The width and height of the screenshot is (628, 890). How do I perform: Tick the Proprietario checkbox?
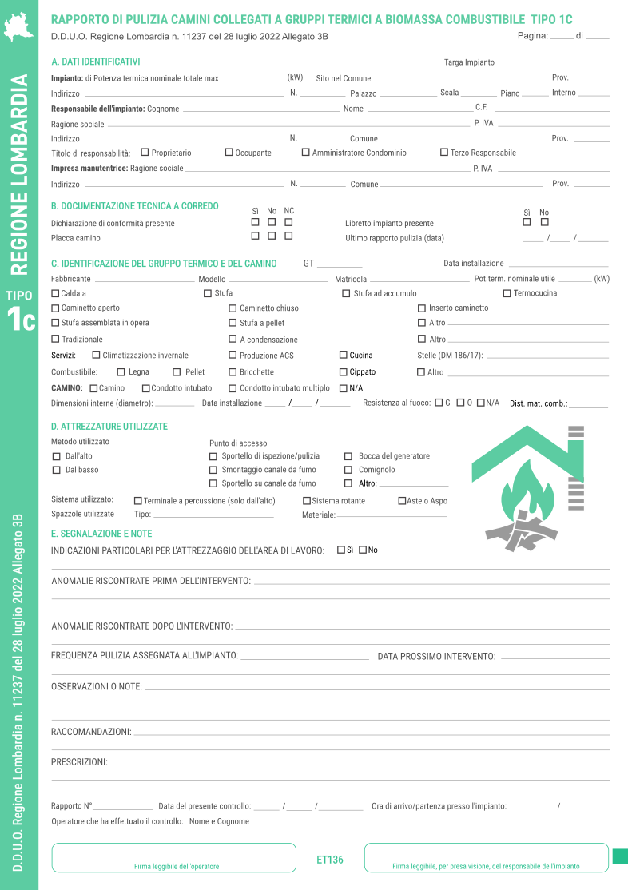(x=145, y=152)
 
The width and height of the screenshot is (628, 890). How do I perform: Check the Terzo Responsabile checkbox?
(x=444, y=152)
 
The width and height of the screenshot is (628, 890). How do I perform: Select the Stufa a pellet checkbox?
(x=233, y=323)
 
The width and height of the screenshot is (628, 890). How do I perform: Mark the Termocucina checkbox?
(x=507, y=293)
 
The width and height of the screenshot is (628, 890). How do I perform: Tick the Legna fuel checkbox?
(x=121, y=371)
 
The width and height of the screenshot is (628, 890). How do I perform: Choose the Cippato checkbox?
(x=343, y=371)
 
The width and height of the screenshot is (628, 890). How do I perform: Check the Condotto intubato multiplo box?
(x=233, y=388)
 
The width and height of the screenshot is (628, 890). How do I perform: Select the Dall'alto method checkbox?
(x=57, y=456)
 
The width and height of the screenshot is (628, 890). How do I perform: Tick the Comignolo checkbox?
(x=348, y=470)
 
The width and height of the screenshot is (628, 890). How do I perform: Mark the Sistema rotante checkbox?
(x=307, y=501)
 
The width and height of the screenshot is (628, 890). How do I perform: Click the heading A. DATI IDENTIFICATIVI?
(x=95, y=62)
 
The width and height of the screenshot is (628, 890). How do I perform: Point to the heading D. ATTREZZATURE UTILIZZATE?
(x=109, y=427)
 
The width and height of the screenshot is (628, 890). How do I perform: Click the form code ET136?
(x=330, y=860)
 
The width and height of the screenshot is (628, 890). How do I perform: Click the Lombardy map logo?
(x=19, y=26)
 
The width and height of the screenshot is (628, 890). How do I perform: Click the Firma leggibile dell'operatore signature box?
(x=174, y=857)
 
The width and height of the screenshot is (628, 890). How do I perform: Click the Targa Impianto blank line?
(x=553, y=64)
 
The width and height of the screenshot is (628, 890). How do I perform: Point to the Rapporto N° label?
(x=71, y=806)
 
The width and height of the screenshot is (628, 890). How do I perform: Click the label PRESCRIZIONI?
(x=79, y=762)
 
